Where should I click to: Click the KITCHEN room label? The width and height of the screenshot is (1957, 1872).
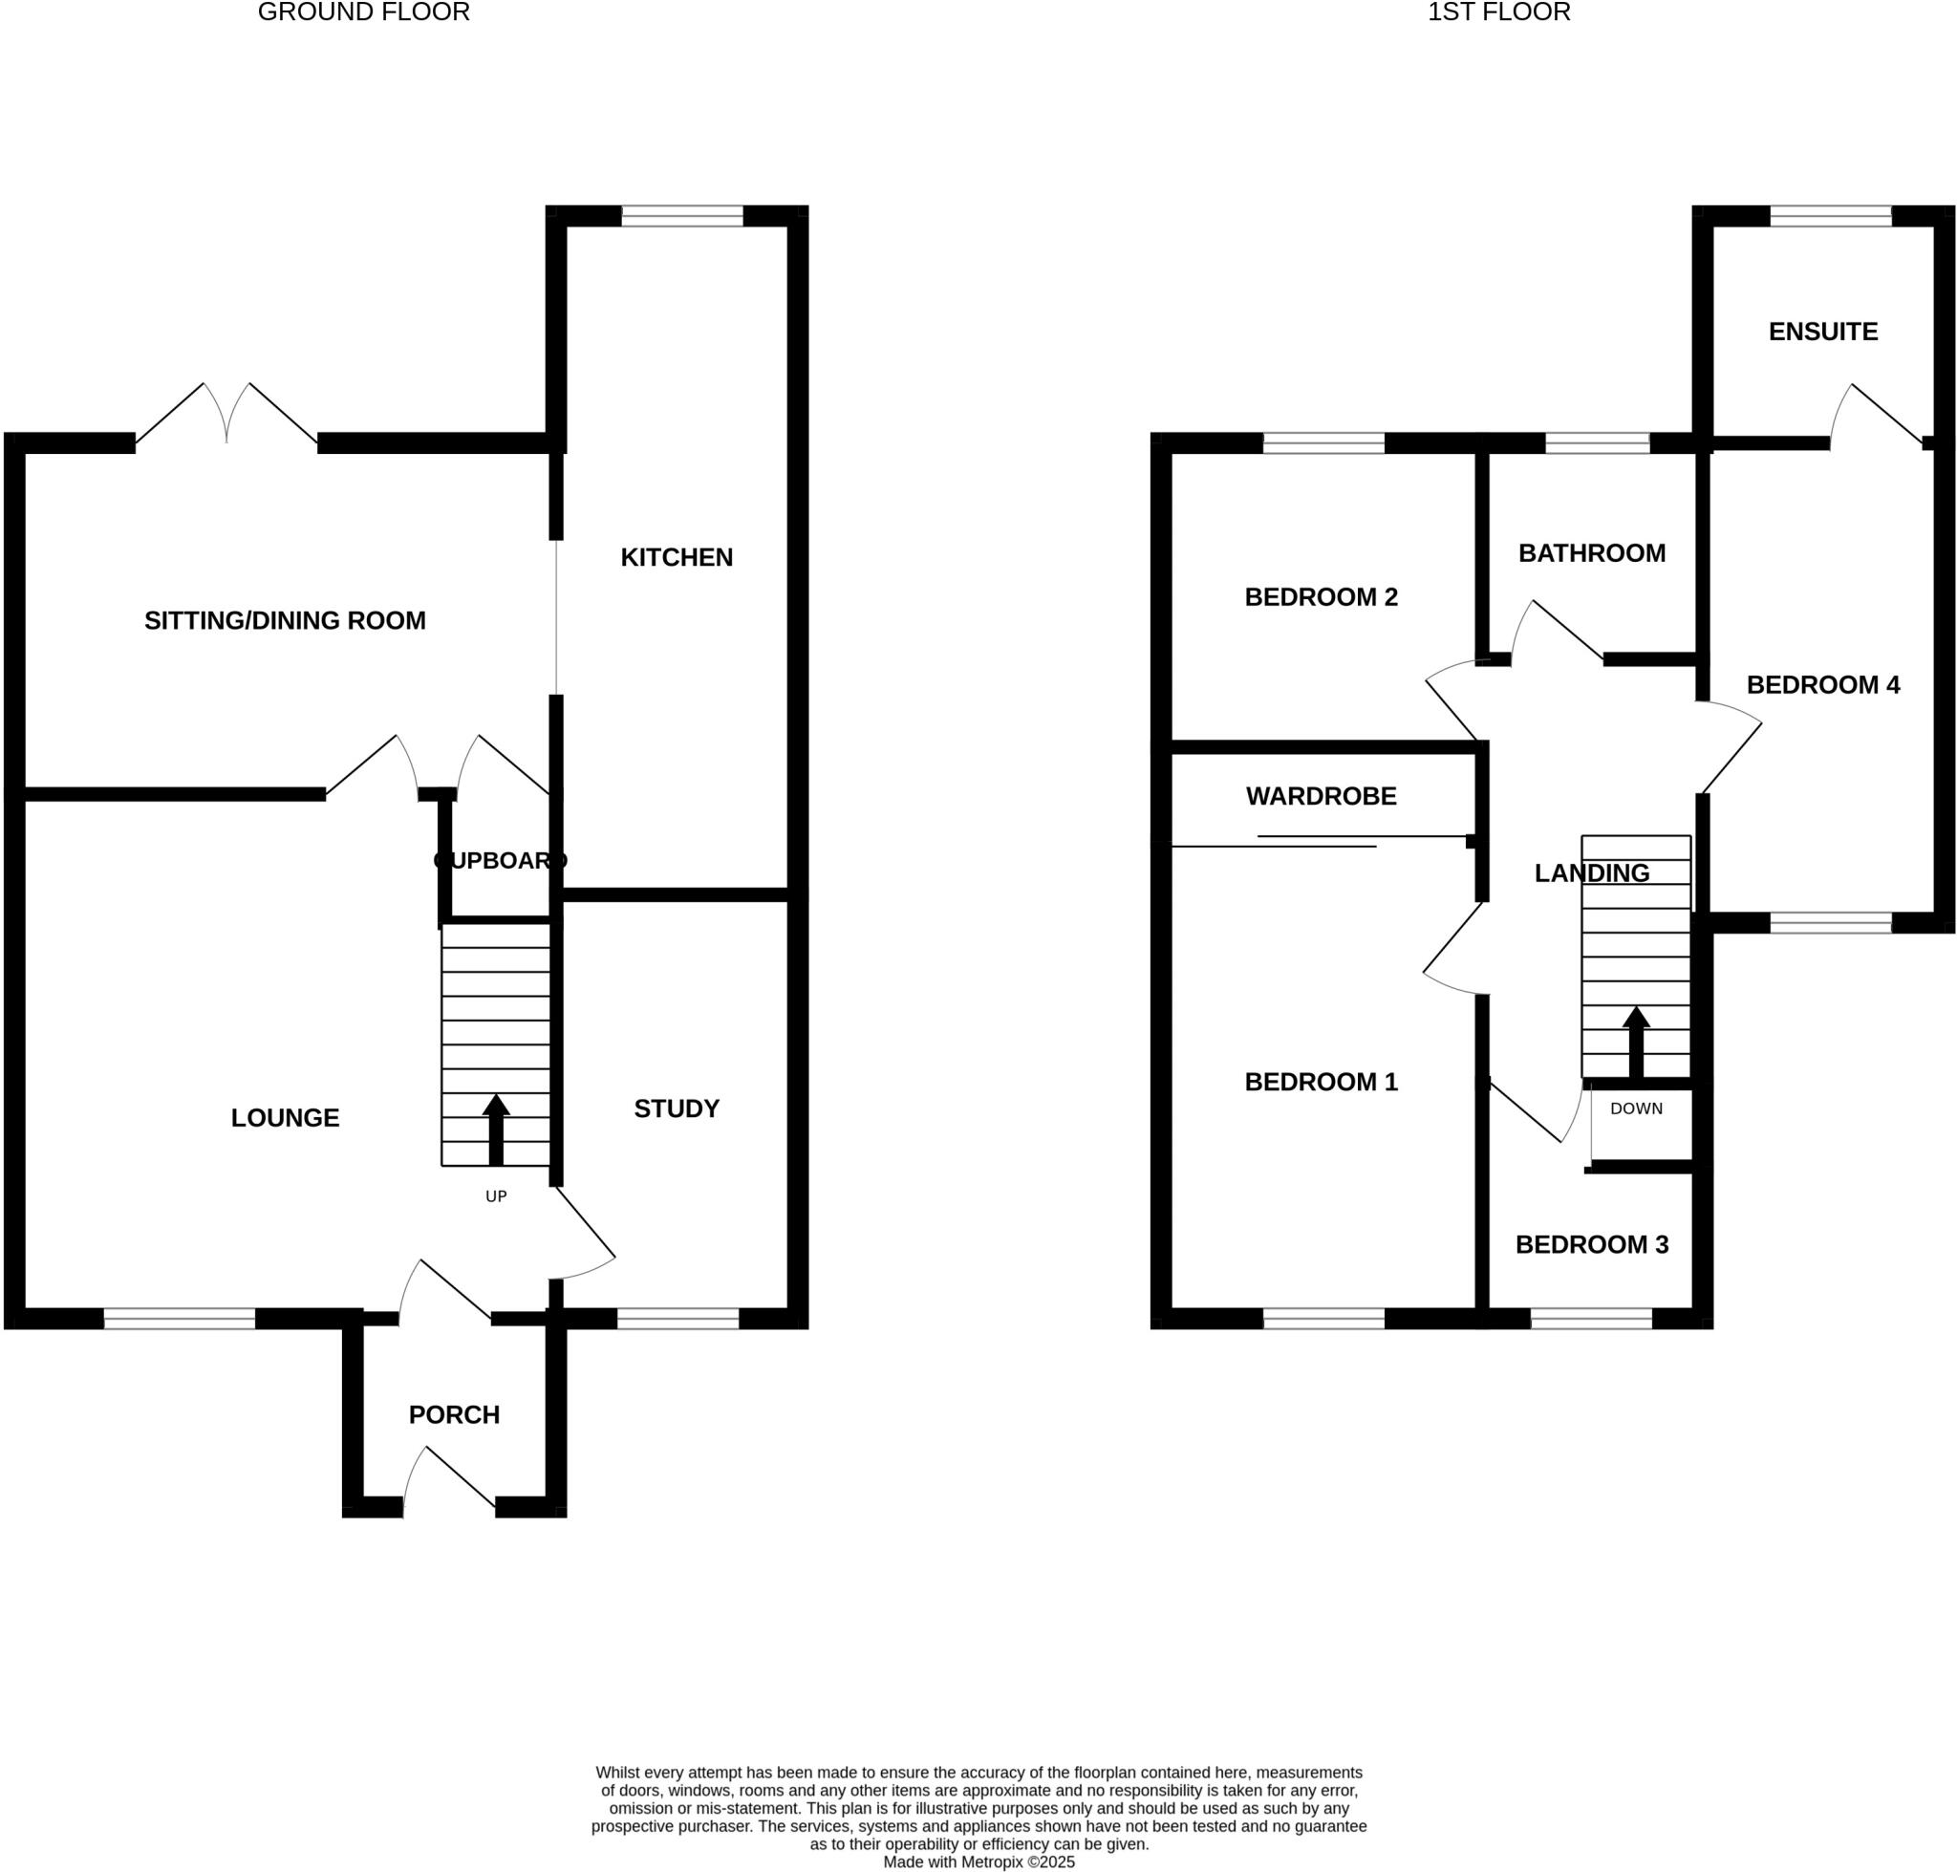pos(677,558)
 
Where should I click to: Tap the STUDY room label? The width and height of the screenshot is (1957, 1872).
pos(677,1108)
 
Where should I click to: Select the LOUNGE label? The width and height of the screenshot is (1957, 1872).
pos(286,1118)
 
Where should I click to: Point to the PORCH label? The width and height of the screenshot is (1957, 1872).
pos(454,1415)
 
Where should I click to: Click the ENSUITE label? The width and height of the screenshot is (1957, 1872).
pos(1822,332)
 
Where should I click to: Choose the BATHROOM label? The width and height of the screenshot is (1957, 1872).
pos(1592,553)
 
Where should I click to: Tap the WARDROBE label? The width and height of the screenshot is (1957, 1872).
pos(1321,796)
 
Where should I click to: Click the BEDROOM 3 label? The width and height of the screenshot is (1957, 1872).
pos(1592,1244)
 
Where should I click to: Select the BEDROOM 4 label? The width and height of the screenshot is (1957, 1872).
pos(1822,684)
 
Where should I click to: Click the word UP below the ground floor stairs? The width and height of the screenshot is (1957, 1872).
pos(496,1196)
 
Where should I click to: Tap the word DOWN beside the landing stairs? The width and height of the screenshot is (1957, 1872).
pos(1636,1108)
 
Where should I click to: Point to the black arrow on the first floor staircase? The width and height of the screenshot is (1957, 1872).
pos(1636,1041)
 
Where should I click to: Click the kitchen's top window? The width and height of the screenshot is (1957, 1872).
pos(682,216)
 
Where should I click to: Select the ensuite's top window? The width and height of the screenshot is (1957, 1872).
pos(1830,216)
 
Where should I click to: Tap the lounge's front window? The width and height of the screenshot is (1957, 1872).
pos(180,1318)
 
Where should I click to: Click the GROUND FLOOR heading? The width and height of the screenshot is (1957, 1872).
pos(363,13)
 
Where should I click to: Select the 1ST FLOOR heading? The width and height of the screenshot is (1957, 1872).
pos(1499,13)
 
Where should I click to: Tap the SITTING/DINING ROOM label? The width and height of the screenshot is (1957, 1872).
pos(286,621)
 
